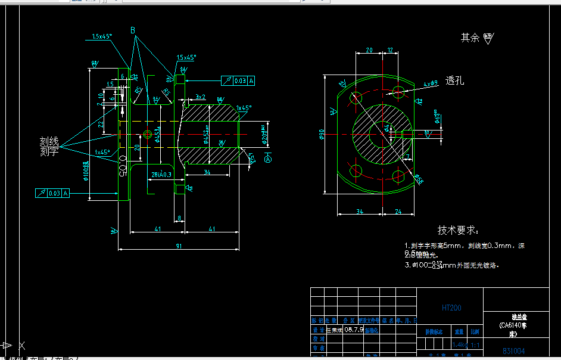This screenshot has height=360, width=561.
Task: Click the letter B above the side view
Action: [133, 30]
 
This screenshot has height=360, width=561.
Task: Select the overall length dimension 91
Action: [179, 244]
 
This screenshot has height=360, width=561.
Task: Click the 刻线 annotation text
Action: [49, 141]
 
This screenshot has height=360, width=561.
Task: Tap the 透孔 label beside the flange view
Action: [454, 81]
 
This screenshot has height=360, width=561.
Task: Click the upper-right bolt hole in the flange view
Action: [398, 91]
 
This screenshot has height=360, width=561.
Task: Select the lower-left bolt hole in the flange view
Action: [356, 171]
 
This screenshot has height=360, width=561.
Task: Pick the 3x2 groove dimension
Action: [200, 97]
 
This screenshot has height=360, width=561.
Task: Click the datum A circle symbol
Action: [268, 159]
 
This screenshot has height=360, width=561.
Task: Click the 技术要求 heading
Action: [458, 230]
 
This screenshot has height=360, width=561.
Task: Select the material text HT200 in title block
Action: [451, 308]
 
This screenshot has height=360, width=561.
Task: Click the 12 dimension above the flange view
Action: [391, 50]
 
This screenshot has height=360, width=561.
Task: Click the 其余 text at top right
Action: [469, 38]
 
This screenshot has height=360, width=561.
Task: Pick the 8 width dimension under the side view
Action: [180, 219]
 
